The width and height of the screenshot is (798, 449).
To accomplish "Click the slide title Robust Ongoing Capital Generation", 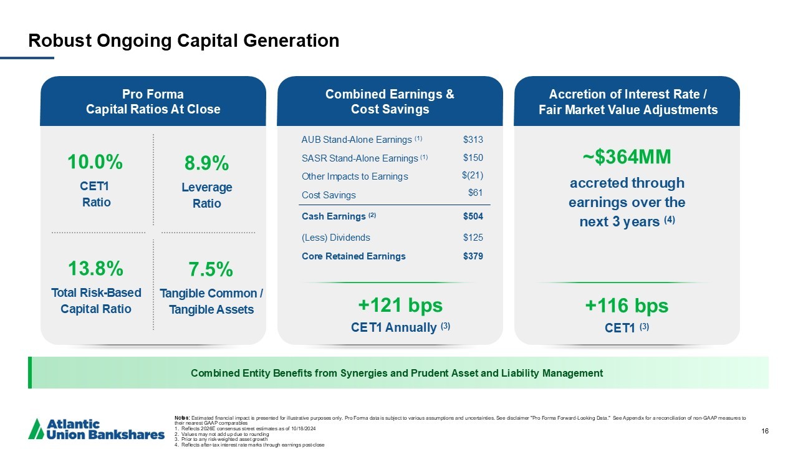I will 184,41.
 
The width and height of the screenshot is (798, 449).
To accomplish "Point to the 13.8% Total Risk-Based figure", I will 95,269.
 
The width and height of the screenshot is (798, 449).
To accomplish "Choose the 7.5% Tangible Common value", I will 211,270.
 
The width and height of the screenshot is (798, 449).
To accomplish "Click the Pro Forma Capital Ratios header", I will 153,102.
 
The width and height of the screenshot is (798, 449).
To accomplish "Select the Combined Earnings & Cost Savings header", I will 390,102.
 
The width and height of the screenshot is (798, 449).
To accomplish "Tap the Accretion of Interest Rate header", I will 627,102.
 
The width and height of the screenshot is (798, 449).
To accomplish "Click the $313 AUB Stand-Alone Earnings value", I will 473,139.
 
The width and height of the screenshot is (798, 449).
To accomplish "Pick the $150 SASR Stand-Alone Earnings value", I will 473,158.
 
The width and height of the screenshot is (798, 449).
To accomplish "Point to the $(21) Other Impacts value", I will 472,175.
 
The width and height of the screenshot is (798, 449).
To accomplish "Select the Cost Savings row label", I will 329,195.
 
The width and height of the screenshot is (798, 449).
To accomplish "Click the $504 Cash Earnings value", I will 473,216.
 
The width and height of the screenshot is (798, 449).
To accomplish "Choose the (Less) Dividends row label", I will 335,238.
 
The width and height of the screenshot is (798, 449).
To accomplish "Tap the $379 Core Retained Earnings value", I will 473,256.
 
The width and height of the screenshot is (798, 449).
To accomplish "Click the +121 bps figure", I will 400,306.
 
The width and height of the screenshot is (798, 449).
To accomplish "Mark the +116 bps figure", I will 627,306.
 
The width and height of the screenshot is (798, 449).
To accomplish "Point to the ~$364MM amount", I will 627,157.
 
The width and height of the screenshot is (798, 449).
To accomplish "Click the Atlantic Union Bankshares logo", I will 97,429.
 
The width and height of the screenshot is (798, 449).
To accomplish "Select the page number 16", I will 765,431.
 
